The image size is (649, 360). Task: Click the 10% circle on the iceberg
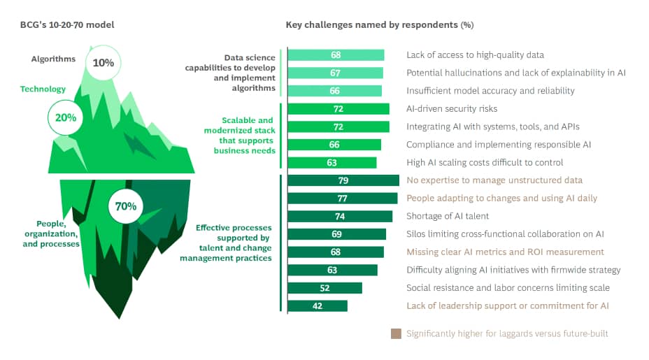click(x=103, y=62)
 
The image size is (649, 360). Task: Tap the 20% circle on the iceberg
click(x=65, y=117)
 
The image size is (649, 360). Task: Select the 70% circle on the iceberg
click(x=126, y=206)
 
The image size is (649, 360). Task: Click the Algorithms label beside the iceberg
click(x=53, y=59)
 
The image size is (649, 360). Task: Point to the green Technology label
click(x=43, y=89)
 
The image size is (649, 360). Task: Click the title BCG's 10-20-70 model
click(x=67, y=25)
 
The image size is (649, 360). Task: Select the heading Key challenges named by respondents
click(x=379, y=25)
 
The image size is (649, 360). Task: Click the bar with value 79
click(x=343, y=180)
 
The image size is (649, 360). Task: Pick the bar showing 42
click(x=318, y=305)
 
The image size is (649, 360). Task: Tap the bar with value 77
click(x=342, y=199)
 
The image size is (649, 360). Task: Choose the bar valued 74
click(x=340, y=216)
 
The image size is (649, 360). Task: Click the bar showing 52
click(x=324, y=288)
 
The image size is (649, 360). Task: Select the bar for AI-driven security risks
click(x=338, y=109)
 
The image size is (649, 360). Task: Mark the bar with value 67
click(x=335, y=73)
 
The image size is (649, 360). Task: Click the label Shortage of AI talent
click(x=448, y=216)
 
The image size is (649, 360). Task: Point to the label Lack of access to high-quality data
click(x=475, y=55)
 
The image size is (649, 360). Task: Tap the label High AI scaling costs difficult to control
click(x=484, y=163)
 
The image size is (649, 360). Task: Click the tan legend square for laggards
click(x=396, y=333)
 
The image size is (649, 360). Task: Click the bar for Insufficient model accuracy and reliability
click(x=334, y=91)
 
